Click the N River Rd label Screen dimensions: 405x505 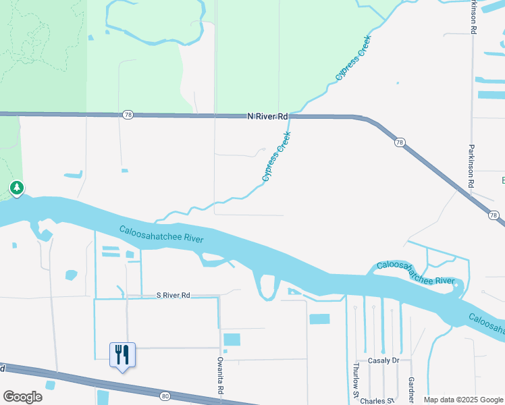click(268, 116)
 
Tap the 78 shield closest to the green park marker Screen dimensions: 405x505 click(128, 115)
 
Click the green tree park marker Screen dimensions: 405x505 click(16, 188)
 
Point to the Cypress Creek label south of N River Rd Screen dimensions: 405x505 click(276, 158)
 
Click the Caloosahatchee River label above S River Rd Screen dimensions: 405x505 click(161, 234)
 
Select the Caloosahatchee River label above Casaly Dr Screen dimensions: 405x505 click(415, 273)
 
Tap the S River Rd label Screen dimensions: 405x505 click(174, 295)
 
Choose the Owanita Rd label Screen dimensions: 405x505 click(220, 376)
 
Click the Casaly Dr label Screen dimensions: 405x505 click(383, 360)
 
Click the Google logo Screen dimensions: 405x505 click(22, 397)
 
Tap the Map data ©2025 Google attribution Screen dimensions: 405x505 click(463, 400)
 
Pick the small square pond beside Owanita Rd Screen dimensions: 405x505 click(232, 340)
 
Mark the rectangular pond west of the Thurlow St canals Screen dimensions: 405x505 click(319, 319)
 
